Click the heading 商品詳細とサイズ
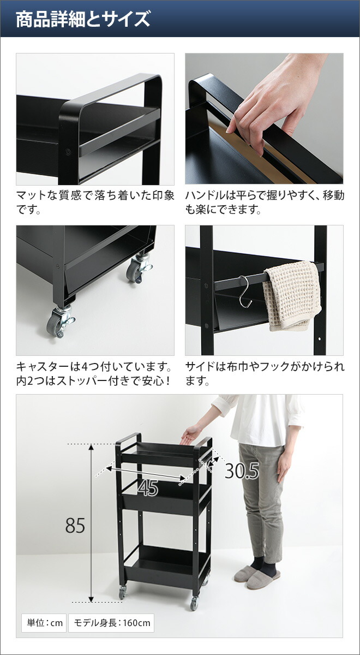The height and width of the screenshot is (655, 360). [83, 19]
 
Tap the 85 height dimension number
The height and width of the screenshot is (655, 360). [75, 525]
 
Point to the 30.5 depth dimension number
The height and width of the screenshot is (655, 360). [242, 471]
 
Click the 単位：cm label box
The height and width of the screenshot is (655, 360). [43, 622]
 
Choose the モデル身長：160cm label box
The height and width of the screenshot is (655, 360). [111, 622]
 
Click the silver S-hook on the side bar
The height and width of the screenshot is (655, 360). [245, 291]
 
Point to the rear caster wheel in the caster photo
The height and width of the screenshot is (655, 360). [138, 270]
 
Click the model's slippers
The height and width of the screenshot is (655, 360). [256, 576]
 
